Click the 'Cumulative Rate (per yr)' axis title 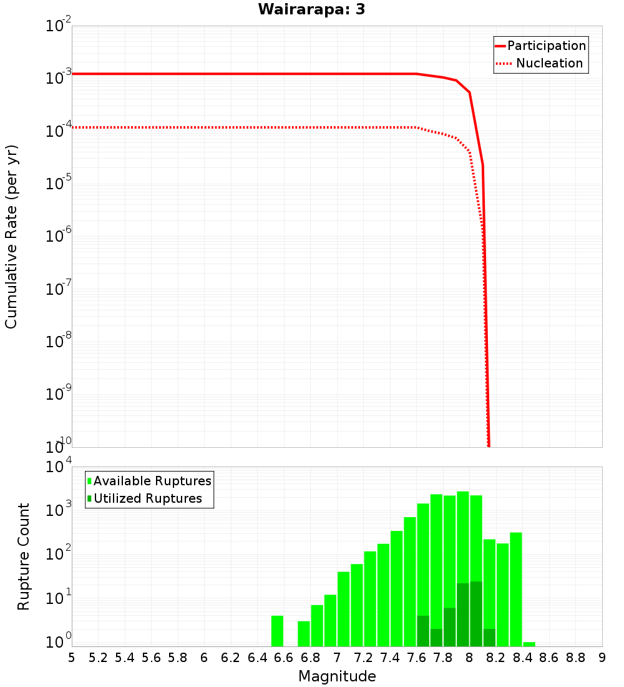click(11, 237)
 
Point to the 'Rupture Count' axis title click(24, 556)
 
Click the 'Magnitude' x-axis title click(337, 676)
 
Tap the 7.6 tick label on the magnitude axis click(416, 658)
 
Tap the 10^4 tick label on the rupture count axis click(59, 467)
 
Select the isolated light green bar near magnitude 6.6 click(278, 631)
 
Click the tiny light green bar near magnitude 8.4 click(529, 644)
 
